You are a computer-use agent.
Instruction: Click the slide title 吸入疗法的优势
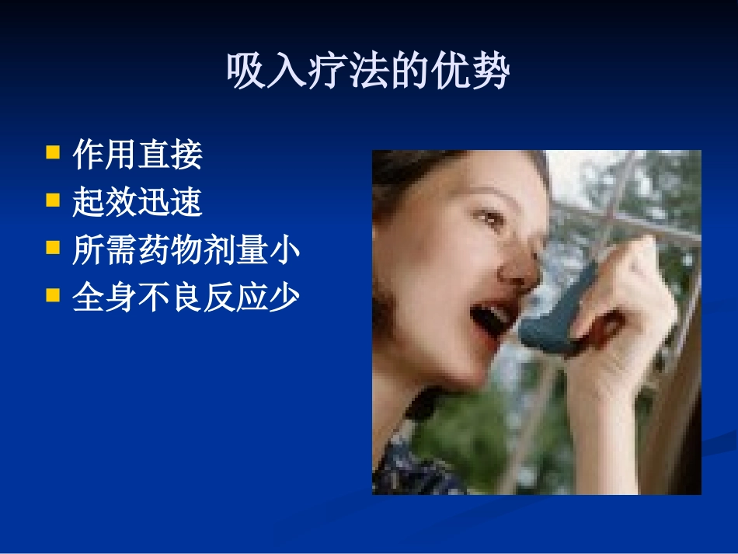click(368, 72)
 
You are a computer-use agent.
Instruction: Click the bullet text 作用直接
click(138, 155)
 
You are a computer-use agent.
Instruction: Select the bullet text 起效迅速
click(138, 203)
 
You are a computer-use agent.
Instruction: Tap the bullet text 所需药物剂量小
click(186, 251)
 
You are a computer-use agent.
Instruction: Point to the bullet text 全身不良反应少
click(186, 298)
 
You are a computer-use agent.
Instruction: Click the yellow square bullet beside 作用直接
click(53, 151)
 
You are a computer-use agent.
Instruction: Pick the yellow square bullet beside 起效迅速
click(53, 199)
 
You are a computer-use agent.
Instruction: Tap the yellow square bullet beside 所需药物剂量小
click(53, 247)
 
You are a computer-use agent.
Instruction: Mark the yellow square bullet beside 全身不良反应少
click(53, 294)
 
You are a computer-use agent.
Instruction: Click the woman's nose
click(517, 264)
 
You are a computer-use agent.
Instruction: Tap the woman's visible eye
click(488, 218)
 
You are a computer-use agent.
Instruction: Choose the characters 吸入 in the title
click(255, 72)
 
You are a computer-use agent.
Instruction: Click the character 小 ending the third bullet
click(285, 251)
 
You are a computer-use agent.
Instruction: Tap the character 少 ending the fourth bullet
click(285, 298)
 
